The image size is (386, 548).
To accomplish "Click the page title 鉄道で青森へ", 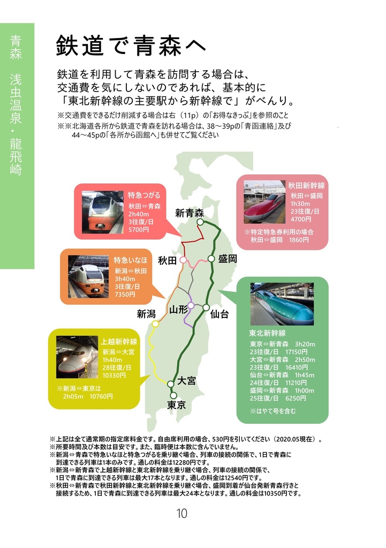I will click(x=131, y=46).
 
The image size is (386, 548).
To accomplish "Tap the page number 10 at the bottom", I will click(x=181, y=514).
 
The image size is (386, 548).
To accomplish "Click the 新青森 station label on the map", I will click(x=190, y=213).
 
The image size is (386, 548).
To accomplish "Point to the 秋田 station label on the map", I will click(x=167, y=261).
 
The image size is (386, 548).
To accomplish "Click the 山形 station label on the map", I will click(x=179, y=309).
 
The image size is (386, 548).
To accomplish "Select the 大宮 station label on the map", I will click(x=186, y=380).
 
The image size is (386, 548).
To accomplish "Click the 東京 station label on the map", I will click(x=177, y=405).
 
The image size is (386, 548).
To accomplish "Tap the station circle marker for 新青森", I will click(x=200, y=222).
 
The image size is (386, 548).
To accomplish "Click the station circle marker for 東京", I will click(x=173, y=395).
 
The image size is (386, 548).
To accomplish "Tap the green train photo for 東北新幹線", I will click(x=282, y=304).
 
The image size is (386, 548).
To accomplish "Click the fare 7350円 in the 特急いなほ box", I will click(x=125, y=294).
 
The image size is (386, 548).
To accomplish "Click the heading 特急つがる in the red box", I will click(x=144, y=195).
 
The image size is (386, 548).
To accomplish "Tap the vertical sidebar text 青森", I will click(x=16, y=47).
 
